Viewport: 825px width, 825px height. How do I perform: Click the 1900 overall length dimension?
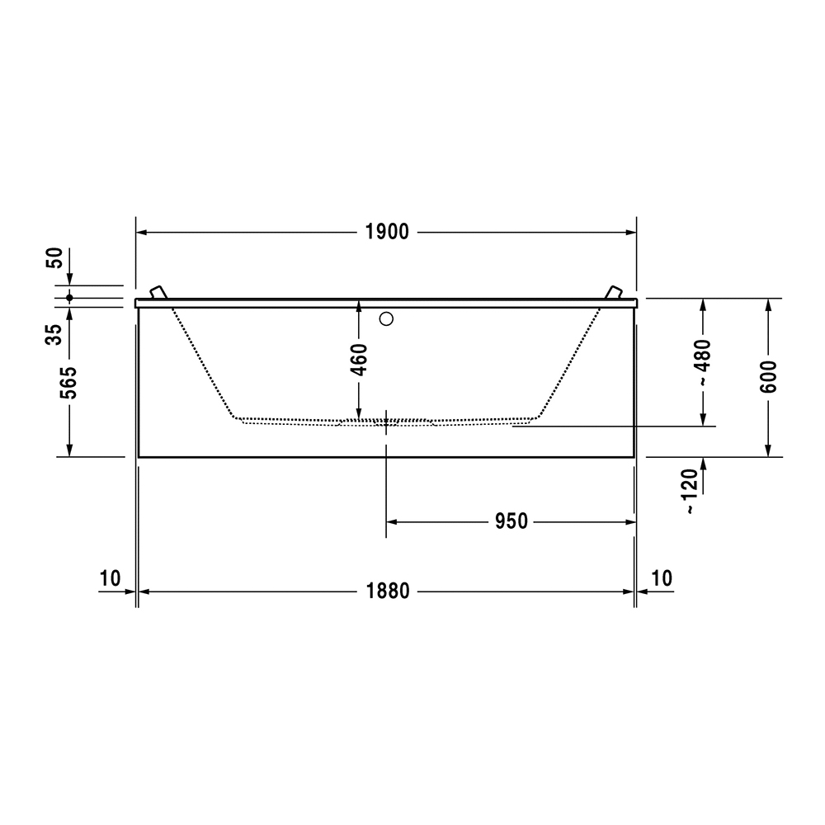coord(387,232)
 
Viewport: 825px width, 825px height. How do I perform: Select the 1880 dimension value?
coord(387,592)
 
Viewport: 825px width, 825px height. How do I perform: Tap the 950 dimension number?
coord(511,521)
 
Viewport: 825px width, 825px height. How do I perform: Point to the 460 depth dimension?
coord(359,360)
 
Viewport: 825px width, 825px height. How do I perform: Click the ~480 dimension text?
coord(703,363)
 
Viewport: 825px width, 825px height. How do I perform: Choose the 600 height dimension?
coord(768,377)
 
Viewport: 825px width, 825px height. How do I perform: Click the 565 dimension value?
coord(69,383)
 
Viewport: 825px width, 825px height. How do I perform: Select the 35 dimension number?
coord(54,335)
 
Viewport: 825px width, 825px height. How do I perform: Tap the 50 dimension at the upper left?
coord(54,257)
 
